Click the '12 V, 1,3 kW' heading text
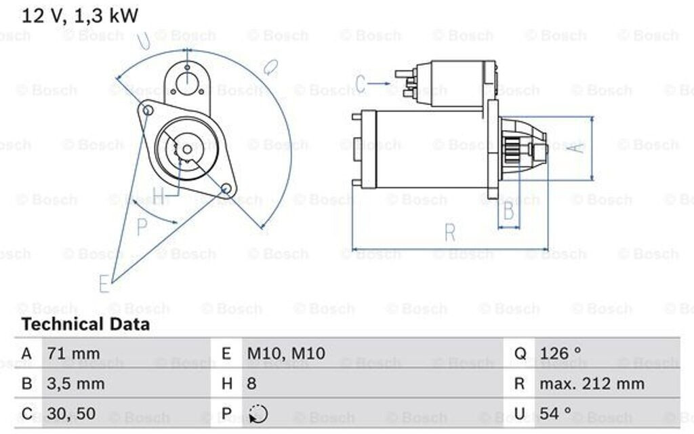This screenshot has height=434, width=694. pyautogui.click(x=79, y=16)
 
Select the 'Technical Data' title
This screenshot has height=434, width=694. pyautogui.click(x=85, y=325)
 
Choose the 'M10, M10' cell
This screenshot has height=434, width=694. pyautogui.click(x=285, y=353)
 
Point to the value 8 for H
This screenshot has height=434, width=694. pyautogui.click(x=251, y=384)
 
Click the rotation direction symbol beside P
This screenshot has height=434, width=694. pyautogui.click(x=258, y=414)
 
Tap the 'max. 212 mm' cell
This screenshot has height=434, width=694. pyautogui.click(x=592, y=384)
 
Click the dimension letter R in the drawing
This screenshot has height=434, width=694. pyautogui.click(x=450, y=232)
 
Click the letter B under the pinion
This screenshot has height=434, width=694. pyautogui.click(x=508, y=212)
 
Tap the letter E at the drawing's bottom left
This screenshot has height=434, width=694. pyautogui.click(x=104, y=284)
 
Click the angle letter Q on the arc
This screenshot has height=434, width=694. pyautogui.click(x=270, y=67)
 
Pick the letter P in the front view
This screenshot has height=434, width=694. pyautogui.click(x=142, y=227)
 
